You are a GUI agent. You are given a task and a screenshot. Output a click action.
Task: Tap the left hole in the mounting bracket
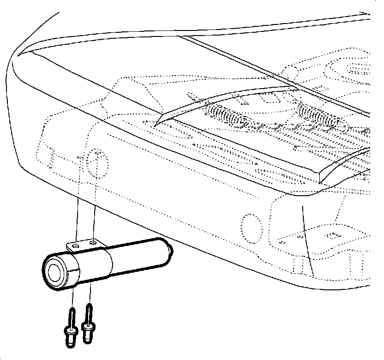(77, 246)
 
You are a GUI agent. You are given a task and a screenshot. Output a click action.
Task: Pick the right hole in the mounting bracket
(94, 241)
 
